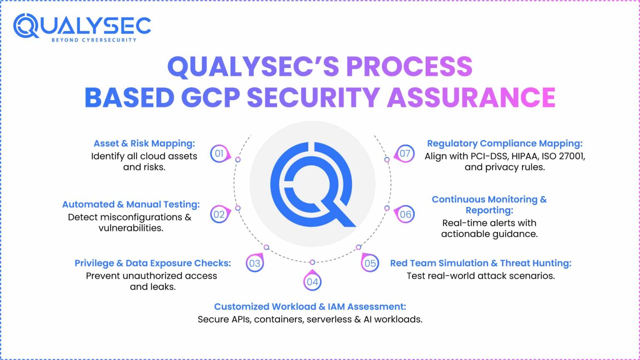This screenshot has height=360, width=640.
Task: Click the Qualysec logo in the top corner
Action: point(82,27)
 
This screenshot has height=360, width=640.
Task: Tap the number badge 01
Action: point(219,153)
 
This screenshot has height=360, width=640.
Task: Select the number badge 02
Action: point(219,214)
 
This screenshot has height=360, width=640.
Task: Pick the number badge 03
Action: point(255,263)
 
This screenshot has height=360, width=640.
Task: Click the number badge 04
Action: point(312,282)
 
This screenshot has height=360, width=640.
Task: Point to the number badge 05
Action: point(370,263)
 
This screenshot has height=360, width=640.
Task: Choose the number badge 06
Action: point(405,214)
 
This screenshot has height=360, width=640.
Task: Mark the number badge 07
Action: point(405,153)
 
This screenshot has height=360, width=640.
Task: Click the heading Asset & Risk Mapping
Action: point(144,143)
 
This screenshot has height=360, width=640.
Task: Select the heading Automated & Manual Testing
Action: point(131,204)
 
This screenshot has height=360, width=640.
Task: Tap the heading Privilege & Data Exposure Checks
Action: point(152,263)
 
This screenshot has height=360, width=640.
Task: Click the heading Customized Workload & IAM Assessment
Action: point(310,307)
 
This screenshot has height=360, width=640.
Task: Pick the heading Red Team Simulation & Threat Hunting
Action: point(480,263)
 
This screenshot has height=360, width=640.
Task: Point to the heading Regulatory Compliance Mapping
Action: point(505,143)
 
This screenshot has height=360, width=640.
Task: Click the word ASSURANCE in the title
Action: point(471,97)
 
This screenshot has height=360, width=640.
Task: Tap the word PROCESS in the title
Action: point(409,67)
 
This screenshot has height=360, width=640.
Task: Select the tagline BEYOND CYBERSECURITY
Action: point(94,40)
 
